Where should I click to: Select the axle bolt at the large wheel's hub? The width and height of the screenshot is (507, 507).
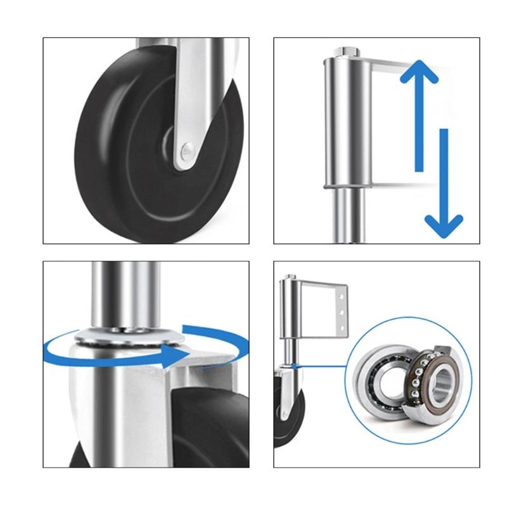[186, 150]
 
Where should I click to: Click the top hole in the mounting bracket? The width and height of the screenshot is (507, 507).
[343, 297]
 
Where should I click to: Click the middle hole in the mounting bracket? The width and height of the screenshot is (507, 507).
[343, 312]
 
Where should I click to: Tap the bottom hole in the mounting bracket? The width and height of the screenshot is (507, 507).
[343, 327]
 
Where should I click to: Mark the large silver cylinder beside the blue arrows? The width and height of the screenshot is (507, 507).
[345, 120]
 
